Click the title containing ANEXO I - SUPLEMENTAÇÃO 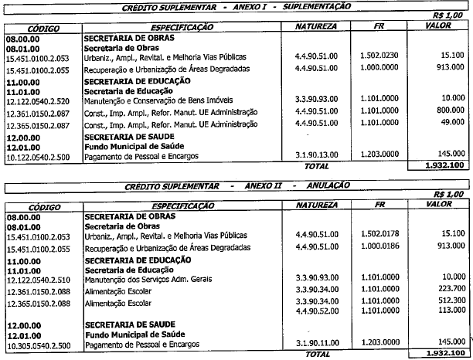pyautogui.click(x=236, y=5)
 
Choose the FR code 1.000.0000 pyautogui.click(x=379, y=68)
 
